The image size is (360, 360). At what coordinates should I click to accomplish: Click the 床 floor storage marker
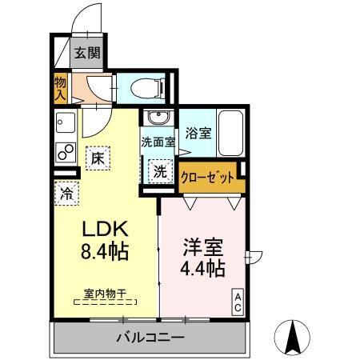(97, 158)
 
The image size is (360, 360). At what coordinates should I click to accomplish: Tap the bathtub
(232, 132)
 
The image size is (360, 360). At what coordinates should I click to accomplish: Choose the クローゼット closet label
(208, 177)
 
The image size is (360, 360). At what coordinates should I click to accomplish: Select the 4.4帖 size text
(201, 269)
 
